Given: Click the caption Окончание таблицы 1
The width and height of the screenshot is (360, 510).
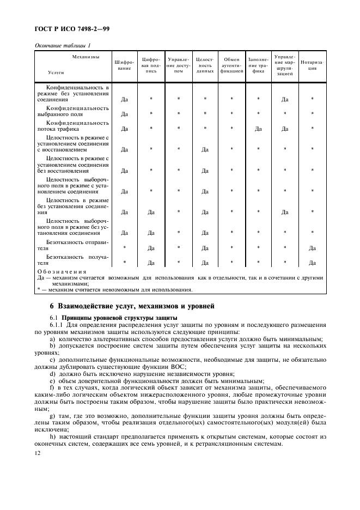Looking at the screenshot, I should click(63, 45).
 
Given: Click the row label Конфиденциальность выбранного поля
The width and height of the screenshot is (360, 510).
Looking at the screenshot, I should click(72, 111).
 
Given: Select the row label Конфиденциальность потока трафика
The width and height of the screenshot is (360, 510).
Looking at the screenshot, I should click(72, 126).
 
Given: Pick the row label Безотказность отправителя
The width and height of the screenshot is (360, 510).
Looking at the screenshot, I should click(72, 245).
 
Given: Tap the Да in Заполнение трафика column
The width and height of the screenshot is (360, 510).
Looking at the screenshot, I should click(258, 129).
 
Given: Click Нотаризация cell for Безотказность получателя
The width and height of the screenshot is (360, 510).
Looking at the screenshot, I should click(312, 263).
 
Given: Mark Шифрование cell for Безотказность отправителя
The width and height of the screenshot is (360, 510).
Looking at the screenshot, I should click(125, 248).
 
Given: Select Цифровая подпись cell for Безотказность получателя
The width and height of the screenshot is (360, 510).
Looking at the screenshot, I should click(151, 263).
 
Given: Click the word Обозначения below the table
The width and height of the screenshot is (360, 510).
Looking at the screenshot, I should click(62, 271).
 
